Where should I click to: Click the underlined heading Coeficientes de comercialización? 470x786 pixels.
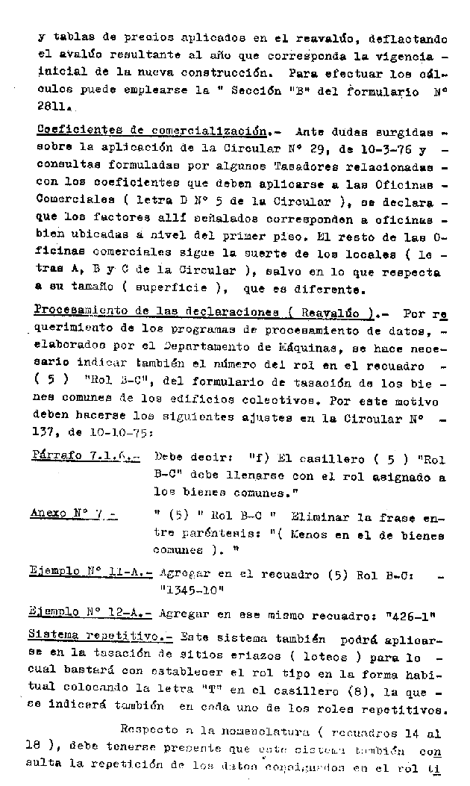152,130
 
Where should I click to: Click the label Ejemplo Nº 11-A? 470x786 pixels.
90,573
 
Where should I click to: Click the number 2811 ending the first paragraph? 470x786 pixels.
52,108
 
